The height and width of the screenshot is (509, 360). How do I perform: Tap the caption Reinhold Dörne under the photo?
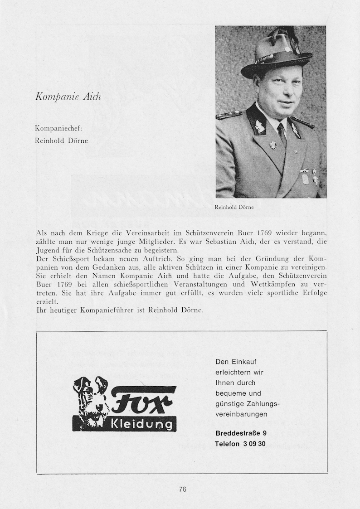tap(234, 207)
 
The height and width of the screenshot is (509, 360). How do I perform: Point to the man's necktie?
tap(282, 135)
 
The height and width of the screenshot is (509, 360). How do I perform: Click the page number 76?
tap(182, 489)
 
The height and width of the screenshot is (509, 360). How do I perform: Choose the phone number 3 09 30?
tap(254, 444)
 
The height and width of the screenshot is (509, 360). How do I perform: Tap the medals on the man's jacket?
tap(309, 176)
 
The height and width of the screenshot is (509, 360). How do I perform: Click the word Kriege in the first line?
tap(102, 233)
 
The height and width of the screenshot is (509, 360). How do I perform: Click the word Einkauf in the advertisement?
tap(244, 361)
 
